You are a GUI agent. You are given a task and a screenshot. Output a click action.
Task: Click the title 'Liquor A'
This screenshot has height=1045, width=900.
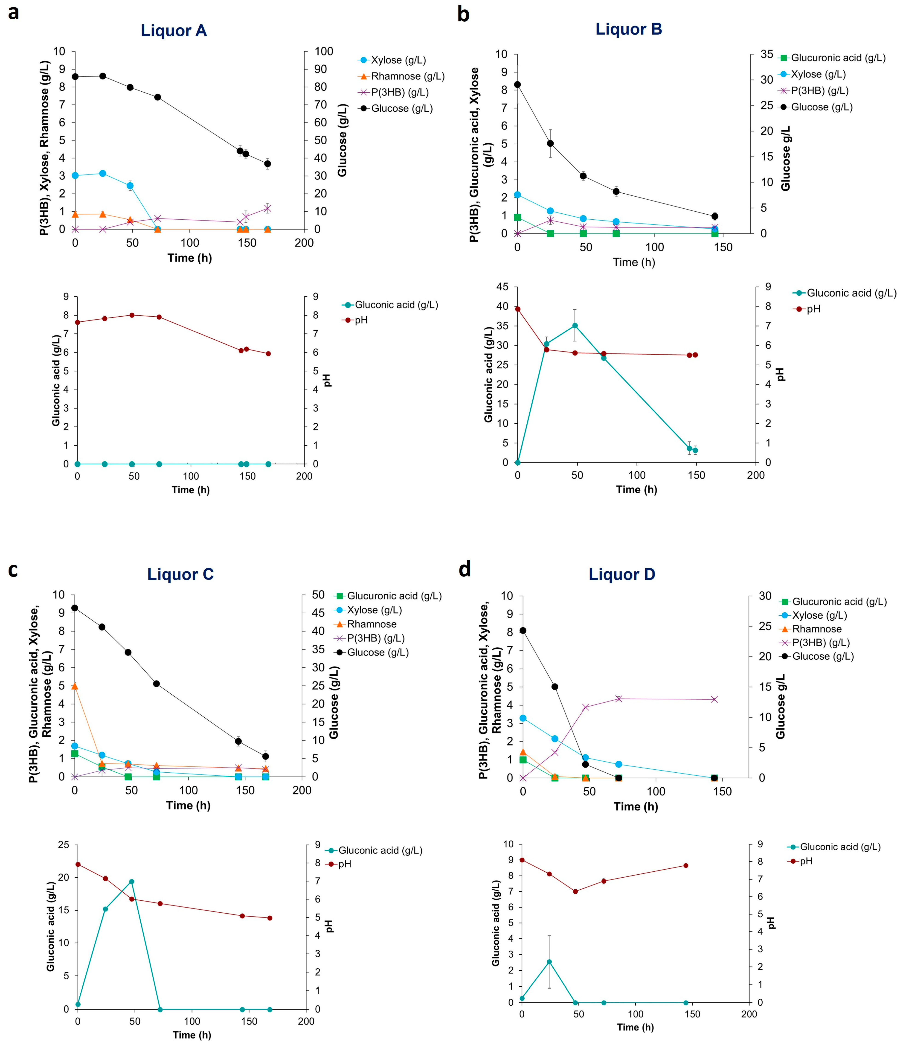click(x=174, y=31)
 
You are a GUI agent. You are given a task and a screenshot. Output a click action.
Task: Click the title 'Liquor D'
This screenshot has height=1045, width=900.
click(x=622, y=574)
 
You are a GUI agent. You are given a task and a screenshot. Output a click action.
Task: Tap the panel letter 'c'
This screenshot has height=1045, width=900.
click(x=13, y=570)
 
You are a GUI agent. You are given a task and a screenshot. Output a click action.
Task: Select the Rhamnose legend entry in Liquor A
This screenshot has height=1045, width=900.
click(x=407, y=76)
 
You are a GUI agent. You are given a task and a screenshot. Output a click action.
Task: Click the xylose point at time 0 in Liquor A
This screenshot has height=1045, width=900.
click(x=75, y=175)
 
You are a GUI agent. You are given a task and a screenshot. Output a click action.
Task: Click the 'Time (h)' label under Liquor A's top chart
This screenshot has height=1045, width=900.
click(x=190, y=258)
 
